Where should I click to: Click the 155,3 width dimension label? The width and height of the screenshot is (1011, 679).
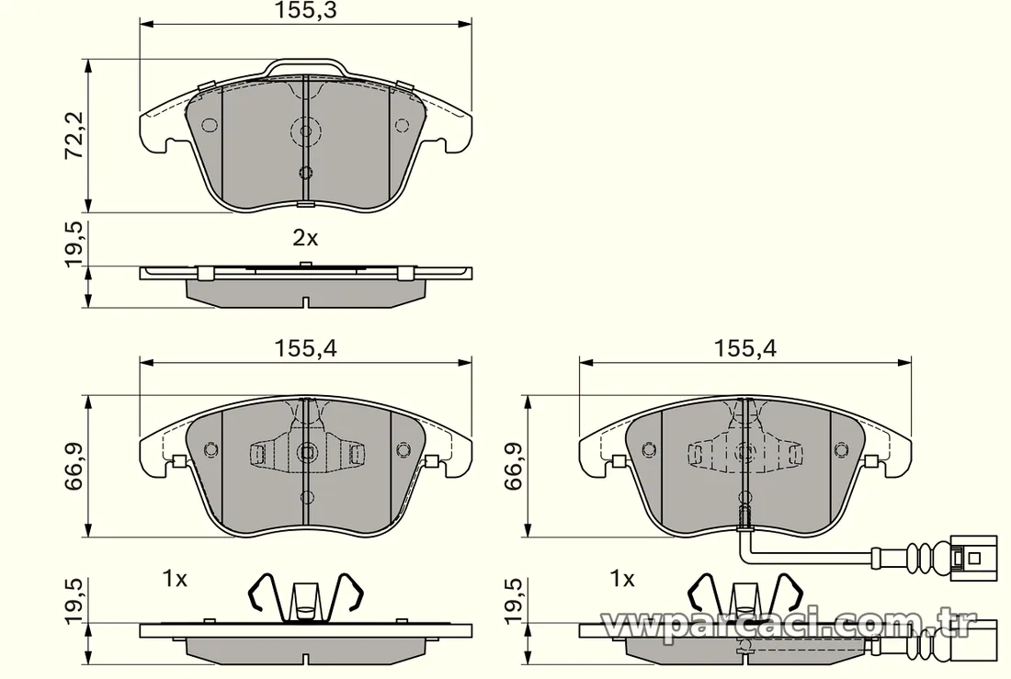(x=306, y=10)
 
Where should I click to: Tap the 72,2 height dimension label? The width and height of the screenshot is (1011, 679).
(x=74, y=135)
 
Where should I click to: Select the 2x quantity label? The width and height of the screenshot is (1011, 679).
(x=306, y=239)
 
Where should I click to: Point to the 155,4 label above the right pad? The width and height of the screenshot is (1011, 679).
(x=745, y=349)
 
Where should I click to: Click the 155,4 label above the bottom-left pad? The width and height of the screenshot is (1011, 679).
(x=306, y=349)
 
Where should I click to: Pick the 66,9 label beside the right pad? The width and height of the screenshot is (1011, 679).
(x=514, y=466)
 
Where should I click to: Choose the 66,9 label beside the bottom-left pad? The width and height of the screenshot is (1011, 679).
(x=74, y=466)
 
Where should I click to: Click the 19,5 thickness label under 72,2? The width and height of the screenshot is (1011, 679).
(x=74, y=243)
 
